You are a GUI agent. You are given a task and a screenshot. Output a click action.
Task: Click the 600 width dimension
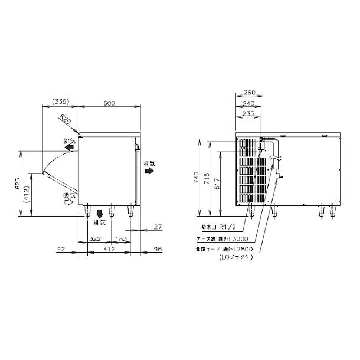pos(110,103)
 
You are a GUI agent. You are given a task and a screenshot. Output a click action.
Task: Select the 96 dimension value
pos(157,251)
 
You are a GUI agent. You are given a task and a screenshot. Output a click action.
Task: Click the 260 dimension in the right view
pos(249,92)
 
